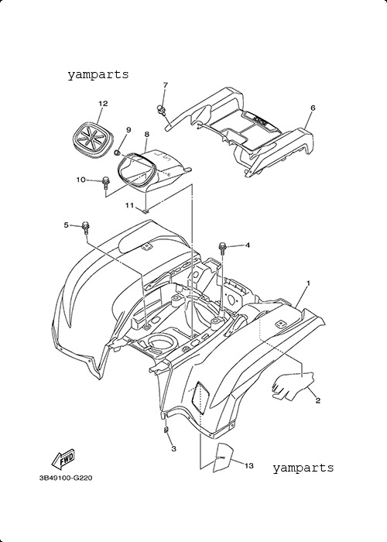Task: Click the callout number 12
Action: [x=103, y=103]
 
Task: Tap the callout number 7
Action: [x=165, y=84]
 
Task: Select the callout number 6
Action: [x=313, y=108]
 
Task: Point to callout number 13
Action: [x=248, y=466]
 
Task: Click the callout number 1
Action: [x=308, y=283]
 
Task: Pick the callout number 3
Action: [x=174, y=448]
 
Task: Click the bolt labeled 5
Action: [x=85, y=228]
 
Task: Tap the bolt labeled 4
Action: [x=222, y=248]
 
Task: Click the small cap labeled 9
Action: [x=117, y=153]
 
